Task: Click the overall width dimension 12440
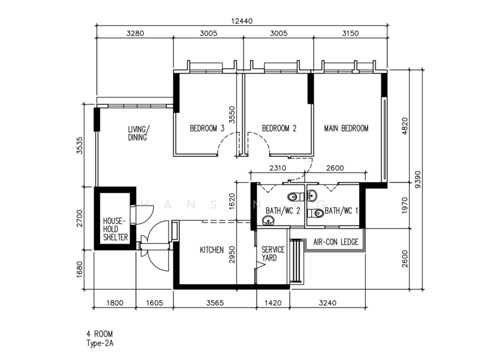tap(242, 21)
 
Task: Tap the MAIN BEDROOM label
tap(346, 128)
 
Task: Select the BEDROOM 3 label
tap(207, 128)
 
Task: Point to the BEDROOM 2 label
tap(279, 128)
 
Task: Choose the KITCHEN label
tap(212, 250)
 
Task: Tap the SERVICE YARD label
tap(273, 253)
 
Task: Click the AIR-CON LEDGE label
tap(336, 242)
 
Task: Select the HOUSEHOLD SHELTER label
tap(115, 229)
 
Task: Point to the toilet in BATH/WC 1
tap(315, 213)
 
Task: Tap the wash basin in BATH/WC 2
tap(268, 220)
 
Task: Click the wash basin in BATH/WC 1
tap(312, 195)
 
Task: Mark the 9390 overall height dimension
tap(418, 180)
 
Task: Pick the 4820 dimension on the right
tap(404, 126)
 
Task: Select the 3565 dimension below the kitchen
tap(215, 303)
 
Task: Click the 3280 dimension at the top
tap(135, 33)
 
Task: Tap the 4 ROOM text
tap(99, 334)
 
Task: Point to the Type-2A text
tap(100, 343)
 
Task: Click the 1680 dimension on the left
tap(80, 270)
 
